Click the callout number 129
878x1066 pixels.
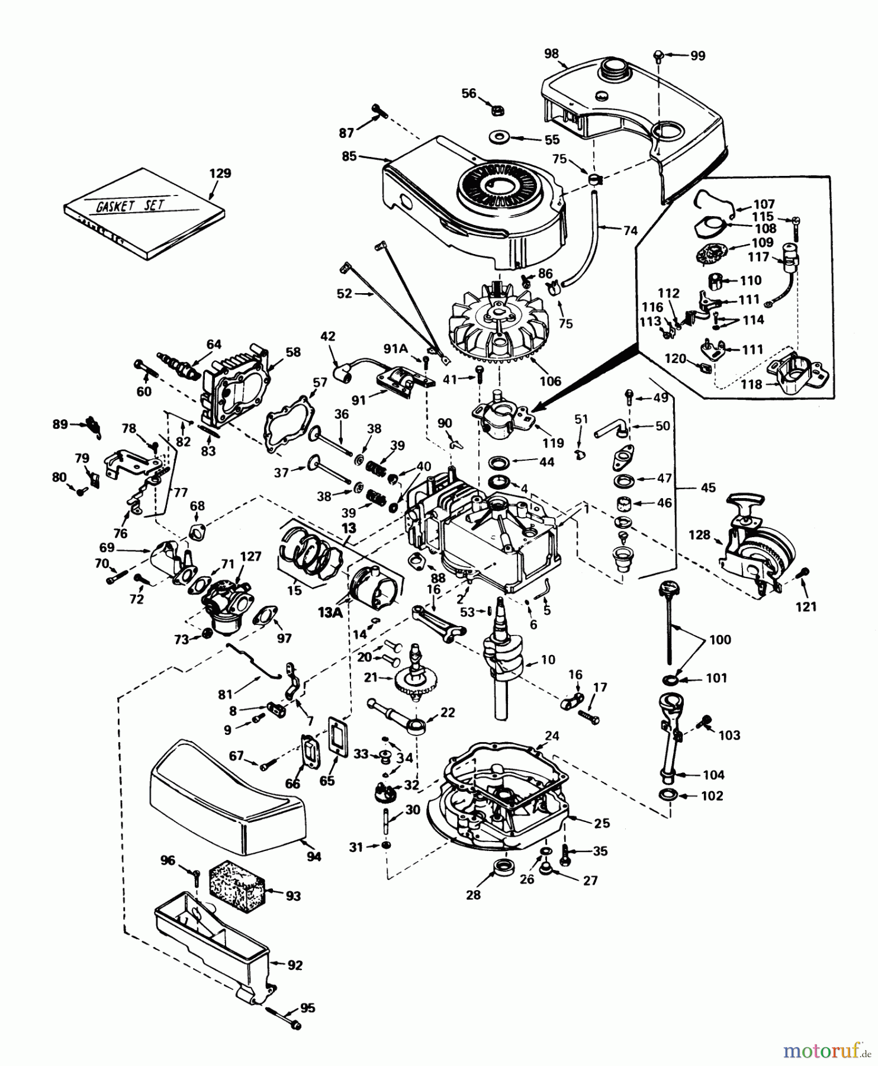tap(220, 174)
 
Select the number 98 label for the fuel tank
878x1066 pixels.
tap(551, 53)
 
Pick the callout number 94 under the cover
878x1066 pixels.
tap(314, 856)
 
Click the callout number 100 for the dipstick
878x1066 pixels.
tap(720, 640)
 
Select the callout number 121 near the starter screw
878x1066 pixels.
tap(806, 606)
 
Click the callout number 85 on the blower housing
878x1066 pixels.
tap(349, 156)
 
